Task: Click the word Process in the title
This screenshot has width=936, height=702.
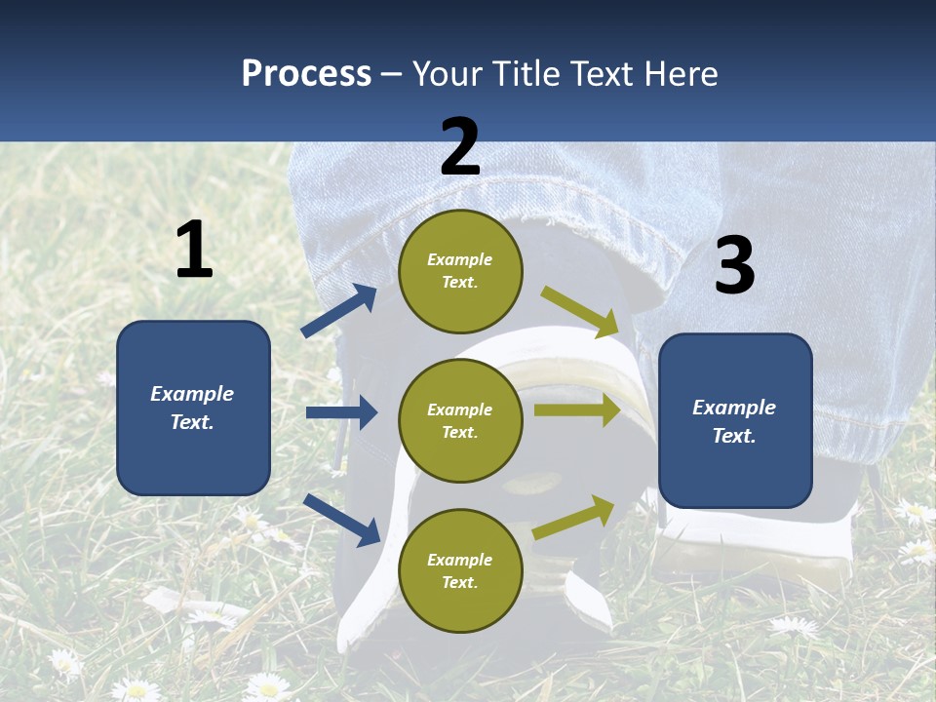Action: pyautogui.click(x=306, y=74)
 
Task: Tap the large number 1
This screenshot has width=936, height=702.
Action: pyautogui.click(x=194, y=250)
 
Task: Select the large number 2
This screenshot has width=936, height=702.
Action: pyautogui.click(x=460, y=146)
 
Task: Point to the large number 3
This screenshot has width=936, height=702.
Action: pyautogui.click(x=734, y=265)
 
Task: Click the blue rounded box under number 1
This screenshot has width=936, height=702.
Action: pyautogui.click(x=193, y=408)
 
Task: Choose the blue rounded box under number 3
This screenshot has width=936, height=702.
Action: pyautogui.click(x=735, y=420)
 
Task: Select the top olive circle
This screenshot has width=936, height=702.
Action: pyautogui.click(x=460, y=271)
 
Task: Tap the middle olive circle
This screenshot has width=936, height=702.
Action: pyautogui.click(x=460, y=420)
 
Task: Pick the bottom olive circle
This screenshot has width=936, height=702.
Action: pyautogui.click(x=460, y=570)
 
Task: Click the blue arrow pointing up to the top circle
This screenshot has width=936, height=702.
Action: pyautogui.click(x=339, y=311)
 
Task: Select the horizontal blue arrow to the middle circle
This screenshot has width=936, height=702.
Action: pyautogui.click(x=341, y=412)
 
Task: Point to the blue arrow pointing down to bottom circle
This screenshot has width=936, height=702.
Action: pyautogui.click(x=341, y=520)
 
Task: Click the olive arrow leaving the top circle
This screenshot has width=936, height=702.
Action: pyautogui.click(x=581, y=312)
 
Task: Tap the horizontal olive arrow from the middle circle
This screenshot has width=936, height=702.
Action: pyautogui.click(x=577, y=409)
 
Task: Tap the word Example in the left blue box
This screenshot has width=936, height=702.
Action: pyautogui.click(x=192, y=394)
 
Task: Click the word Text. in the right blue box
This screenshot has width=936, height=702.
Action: pyautogui.click(x=734, y=436)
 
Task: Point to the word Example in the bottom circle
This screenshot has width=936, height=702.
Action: pyautogui.click(x=459, y=560)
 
